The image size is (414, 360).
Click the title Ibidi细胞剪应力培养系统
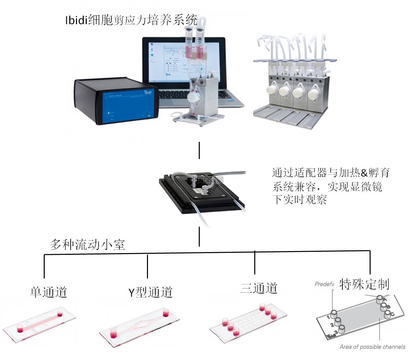click(131, 21)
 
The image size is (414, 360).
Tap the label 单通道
click(48, 292)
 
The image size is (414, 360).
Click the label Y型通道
click(150, 292)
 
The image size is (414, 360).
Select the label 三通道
click(259, 288)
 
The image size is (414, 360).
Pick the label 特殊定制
click(364, 284)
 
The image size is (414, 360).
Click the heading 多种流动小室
click(87, 244)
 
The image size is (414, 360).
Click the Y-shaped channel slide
click(139, 326)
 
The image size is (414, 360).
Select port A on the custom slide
click(379, 298)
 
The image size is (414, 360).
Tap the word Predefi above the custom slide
click(324, 284)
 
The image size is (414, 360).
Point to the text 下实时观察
click(299, 200)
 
